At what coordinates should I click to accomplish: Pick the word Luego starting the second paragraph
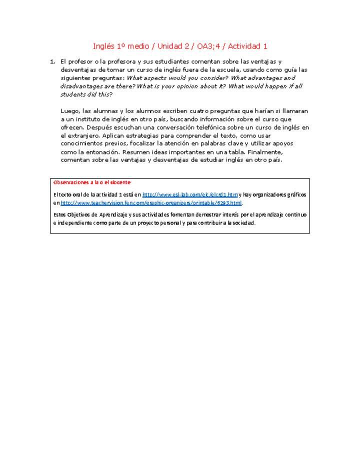click(69, 110)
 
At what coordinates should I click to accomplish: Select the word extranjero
click(82, 135)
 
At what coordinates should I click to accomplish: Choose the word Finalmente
click(264, 151)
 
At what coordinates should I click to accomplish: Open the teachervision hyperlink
click(151, 203)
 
